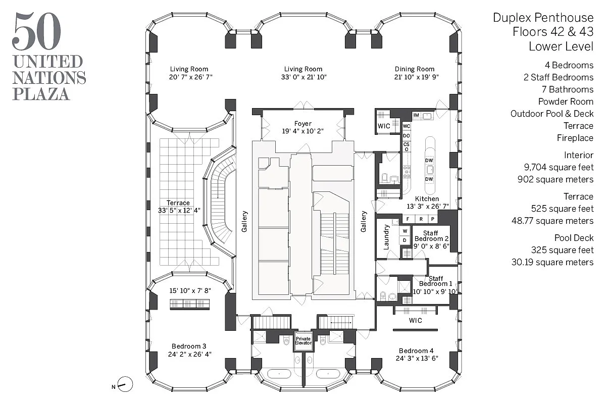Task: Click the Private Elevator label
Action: point(304,340)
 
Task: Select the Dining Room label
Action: point(414,69)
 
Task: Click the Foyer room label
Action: point(303,124)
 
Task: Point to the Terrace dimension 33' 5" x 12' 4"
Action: point(179,211)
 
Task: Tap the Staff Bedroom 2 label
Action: point(430,236)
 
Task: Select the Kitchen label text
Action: point(427,199)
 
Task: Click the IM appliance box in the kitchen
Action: point(417,116)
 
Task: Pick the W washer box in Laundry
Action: point(405,231)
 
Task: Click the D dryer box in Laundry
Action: point(405,240)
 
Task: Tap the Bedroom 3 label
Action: point(189,346)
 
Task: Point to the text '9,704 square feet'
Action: point(559,167)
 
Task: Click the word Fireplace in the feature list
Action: point(575,138)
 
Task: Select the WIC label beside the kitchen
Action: point(384,126)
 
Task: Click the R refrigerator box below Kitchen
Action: point(420,219)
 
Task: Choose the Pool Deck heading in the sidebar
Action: point(574,238)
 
